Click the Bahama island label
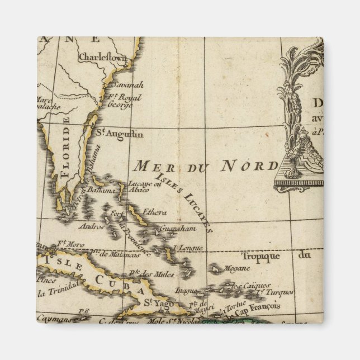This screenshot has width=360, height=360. click(101, 191)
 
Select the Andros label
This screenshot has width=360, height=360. click(92, 227)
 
